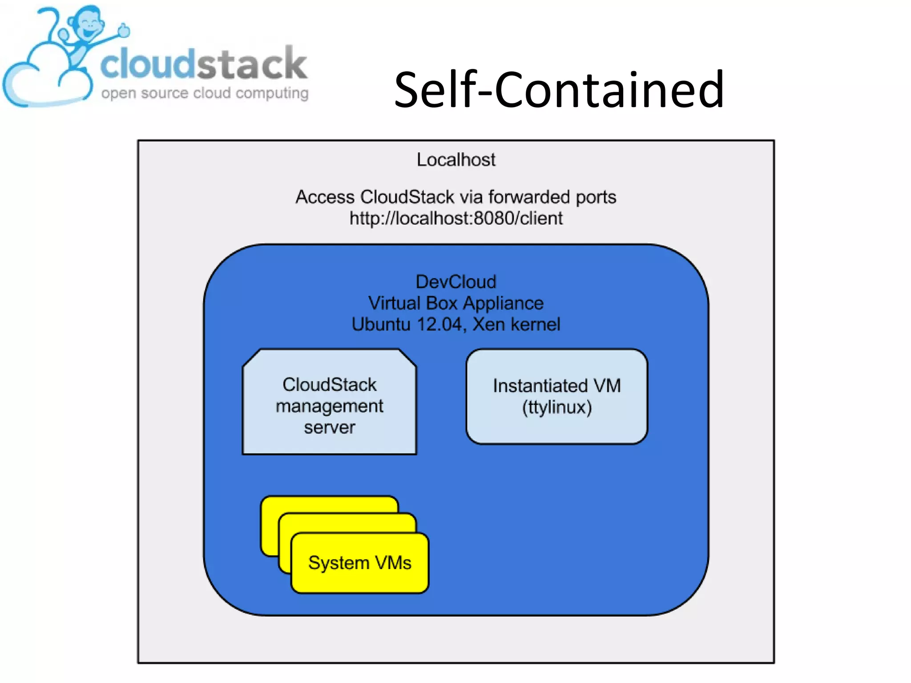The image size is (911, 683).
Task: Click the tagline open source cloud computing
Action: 205,93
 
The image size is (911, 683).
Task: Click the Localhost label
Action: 455,160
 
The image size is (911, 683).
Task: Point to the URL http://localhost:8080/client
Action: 455,218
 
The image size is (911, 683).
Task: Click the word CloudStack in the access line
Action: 407,197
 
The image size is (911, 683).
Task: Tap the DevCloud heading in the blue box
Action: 455,282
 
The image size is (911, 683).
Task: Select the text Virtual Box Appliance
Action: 455,303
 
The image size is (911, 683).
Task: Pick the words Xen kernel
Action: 516,324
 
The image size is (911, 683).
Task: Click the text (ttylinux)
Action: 556,407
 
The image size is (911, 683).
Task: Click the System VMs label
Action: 359,563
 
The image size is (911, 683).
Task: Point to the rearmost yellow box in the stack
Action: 329,504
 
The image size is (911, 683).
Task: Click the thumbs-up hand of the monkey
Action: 124,30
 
